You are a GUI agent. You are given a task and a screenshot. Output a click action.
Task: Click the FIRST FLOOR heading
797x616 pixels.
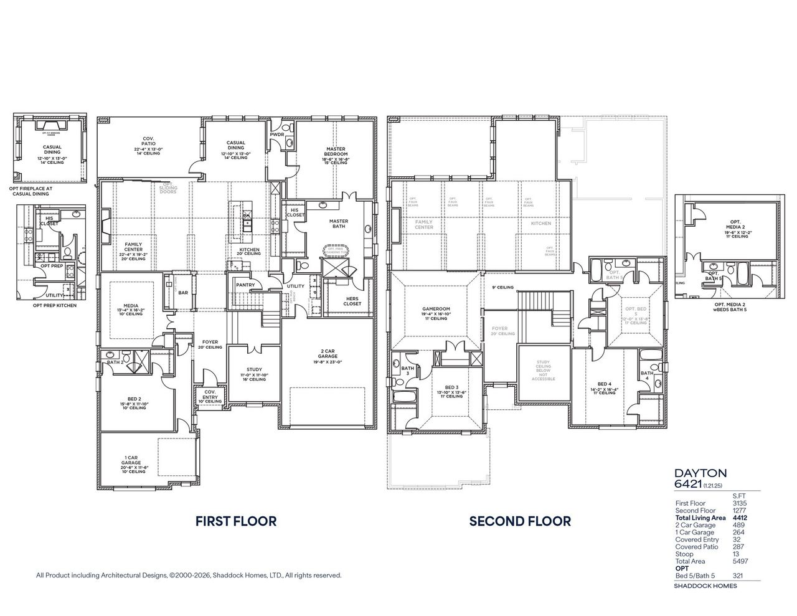(236, 521)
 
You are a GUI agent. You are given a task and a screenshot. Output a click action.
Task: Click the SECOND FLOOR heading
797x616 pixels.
(520, 521)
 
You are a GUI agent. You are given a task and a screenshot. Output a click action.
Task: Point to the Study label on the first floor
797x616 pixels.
(254, 369)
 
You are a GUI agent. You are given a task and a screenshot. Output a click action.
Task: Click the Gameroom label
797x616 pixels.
(436, 309)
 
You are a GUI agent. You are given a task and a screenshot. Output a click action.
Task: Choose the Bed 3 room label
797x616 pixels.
(451, 387)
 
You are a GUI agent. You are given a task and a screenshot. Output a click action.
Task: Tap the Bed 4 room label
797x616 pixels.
(603, 384)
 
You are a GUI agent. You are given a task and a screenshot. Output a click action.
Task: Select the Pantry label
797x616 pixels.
(244, 285)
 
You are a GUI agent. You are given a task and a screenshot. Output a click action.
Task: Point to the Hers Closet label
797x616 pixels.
(352, 301)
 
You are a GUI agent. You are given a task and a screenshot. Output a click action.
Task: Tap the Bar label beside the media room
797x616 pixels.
(183, 292)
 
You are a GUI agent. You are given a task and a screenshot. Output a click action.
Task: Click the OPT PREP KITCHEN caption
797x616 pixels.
(51, 306)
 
